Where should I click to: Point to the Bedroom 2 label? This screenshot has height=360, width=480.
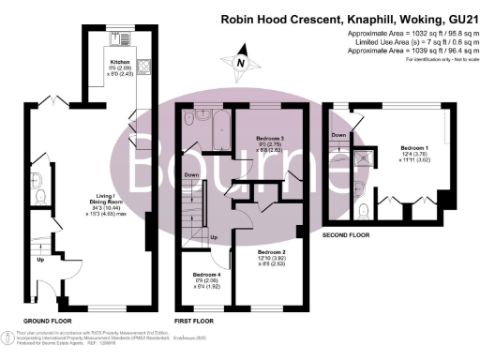click(272, 252)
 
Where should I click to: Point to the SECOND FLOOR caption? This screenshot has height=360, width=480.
click(349, 235)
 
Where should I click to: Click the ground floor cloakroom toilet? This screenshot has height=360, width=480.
click(38, 195)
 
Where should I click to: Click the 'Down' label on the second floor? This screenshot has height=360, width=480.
click(339, 136)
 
